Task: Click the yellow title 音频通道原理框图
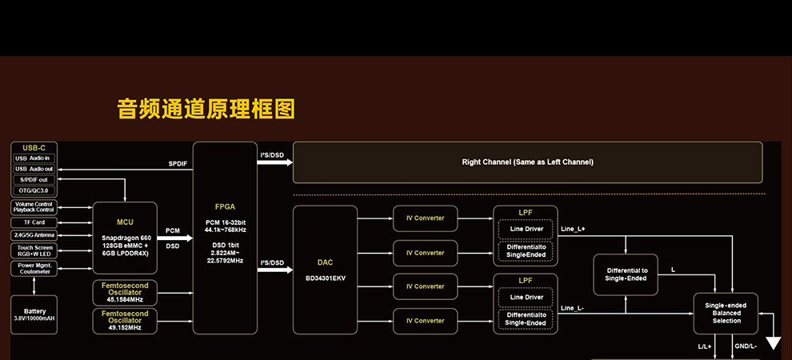[206, 110]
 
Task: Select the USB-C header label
[34, 148]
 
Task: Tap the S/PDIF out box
[34, 179]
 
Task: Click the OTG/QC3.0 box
[34, 190]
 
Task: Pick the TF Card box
[34, 222]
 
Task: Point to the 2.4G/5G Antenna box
[34, 235]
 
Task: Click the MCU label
[125, 221]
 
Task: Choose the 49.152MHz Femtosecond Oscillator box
[125, 320]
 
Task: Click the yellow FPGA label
[226, 206]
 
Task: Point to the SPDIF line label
[178, 164]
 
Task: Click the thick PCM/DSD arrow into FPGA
[175, 238]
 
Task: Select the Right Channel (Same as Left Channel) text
[528, 162]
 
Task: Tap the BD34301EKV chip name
[325, 278]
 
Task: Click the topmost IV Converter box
[425, 218]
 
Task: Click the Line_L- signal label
[573, 308]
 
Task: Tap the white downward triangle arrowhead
[774, 343]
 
